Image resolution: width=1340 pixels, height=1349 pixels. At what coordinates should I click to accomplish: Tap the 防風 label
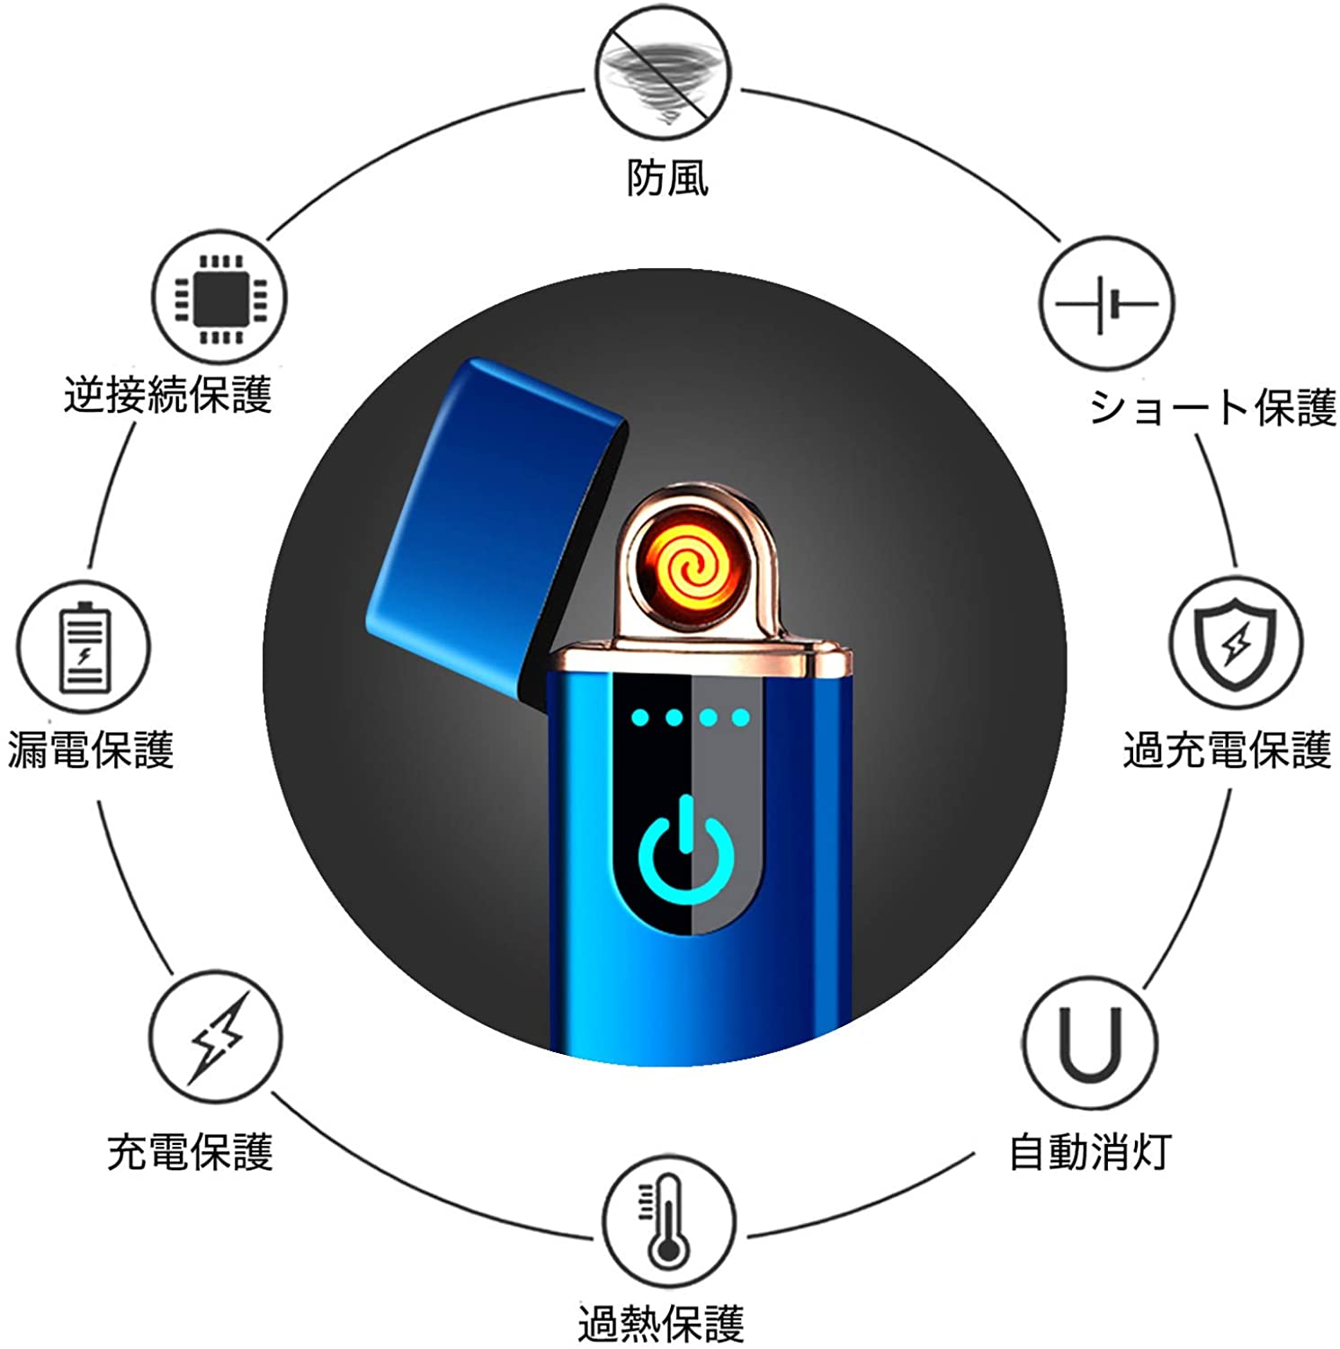click(667, 177)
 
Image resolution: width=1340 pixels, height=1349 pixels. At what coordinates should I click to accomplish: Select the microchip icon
click(219, 298)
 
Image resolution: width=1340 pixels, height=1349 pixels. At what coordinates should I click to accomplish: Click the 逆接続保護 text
click(168, 395)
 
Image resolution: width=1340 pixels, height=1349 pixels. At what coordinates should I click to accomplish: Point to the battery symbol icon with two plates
click(1106, 304)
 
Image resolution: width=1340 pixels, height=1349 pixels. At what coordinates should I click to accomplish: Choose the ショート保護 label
click(1213, 406)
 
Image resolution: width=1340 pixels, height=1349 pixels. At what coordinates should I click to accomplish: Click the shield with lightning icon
click(1236, 642)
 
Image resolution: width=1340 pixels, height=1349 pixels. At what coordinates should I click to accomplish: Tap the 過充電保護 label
click(1228, 749)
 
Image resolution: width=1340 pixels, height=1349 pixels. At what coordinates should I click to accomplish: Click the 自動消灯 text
click(1090, 1151)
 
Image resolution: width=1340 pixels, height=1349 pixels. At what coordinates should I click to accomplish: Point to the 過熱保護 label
click(661, 1324)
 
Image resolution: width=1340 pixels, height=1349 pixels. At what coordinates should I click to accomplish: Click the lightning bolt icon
click(216, 1037)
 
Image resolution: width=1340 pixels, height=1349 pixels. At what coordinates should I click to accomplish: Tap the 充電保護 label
click(190, 1152)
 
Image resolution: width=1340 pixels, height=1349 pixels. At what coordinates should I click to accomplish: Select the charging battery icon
click(83, 648)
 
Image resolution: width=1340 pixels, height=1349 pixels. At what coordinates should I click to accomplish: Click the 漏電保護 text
click(91, 749)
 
